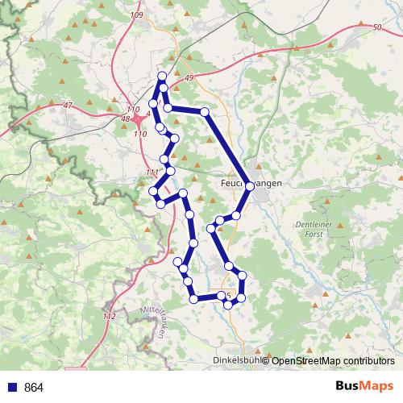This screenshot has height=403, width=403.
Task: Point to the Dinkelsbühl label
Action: [235, 360]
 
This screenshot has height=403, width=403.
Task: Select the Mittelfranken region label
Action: [155, 322]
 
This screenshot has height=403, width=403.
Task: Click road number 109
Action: [135, 15]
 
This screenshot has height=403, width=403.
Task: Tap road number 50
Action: [377, 28]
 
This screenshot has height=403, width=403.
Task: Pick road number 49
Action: [189, 77]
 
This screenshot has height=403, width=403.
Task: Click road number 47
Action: [67, 106]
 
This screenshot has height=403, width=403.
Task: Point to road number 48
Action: [125, 119]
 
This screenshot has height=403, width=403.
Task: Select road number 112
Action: [110, 316]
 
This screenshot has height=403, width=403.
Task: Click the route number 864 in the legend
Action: [34, 388]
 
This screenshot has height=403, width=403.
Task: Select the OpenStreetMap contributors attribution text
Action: [333, 360]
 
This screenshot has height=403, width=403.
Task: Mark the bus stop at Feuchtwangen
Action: [250, 186]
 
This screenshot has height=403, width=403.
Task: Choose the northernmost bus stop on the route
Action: [162, 76]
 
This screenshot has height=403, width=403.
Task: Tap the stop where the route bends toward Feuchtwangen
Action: [205, 111]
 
